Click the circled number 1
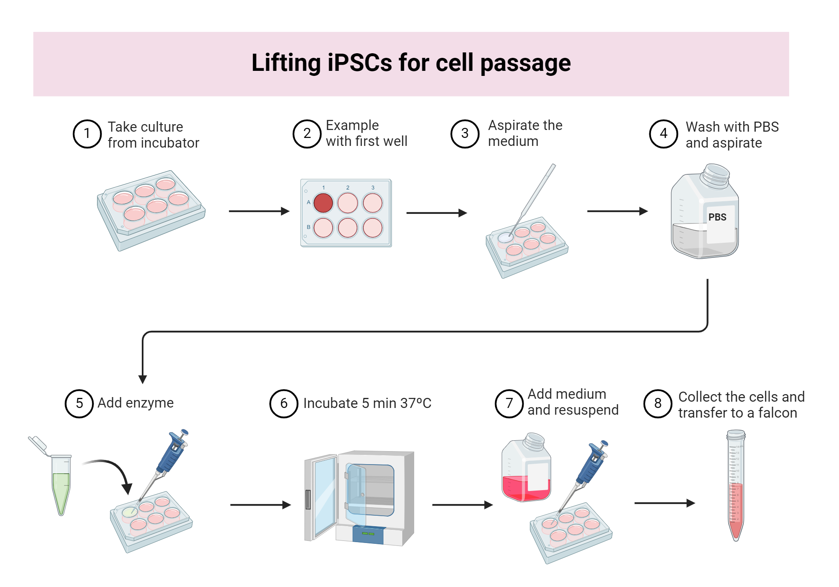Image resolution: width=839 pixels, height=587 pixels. click(x=87, y=134)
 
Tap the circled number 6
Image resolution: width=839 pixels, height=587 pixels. click(x=284, y=403)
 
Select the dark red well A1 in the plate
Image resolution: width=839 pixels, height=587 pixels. click(x=323, y=203)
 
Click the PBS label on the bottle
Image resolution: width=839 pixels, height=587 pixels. click(x=717, y=217)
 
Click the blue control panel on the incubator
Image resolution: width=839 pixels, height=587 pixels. click(x=368, y=534)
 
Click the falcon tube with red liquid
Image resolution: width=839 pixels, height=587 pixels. click(x=736, y=486)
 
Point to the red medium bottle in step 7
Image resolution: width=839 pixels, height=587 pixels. click(x=526, y=470)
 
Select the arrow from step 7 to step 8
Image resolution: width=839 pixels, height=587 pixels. click(x=664, y=503)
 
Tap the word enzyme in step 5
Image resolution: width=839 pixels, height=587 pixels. click(x=150, y=403)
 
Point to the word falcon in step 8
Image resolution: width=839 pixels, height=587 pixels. click(x=777, y=413)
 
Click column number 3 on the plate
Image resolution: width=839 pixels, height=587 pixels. click(x=373, y=187)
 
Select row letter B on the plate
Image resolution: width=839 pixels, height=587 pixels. click(x=308, y=227)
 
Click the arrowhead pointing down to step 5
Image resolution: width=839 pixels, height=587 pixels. click(x=143, y=379)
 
